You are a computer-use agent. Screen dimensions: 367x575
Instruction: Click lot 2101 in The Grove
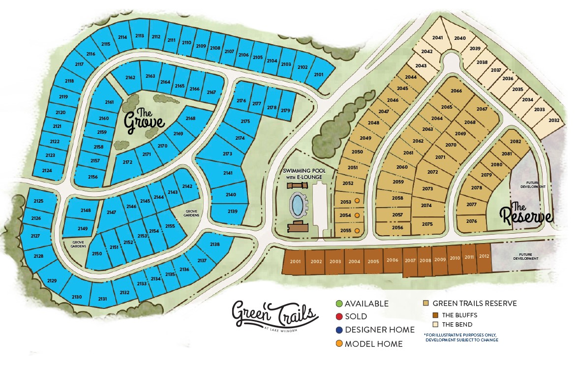click(x=319, y=74)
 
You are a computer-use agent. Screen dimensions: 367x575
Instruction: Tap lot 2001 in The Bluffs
click(x=295, y=261)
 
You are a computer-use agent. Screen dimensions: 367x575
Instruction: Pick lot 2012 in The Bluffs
click(x=484, y=256)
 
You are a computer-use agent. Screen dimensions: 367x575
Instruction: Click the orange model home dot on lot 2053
click(x=358, y=202)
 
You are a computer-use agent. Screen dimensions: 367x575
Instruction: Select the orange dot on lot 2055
click(x=358, y=230)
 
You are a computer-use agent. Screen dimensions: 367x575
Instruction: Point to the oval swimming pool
click(x=297, y=204)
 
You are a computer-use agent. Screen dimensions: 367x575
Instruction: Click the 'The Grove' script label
click(x=143, y=120)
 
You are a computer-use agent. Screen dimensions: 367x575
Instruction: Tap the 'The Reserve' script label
click(x=526, y=213)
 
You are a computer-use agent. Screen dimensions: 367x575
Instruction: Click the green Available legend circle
click(x=339, y=304)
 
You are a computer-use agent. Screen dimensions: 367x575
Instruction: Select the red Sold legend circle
click(x=339, y=317)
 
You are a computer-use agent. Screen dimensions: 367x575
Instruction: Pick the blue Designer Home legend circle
click(x=339, y=330)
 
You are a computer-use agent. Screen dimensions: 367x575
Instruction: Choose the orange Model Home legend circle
click(x=339, y=344)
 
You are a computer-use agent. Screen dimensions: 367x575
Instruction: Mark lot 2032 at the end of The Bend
click(x=553, y=121)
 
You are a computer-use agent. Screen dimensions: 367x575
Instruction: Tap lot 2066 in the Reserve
click(x=456, y=91)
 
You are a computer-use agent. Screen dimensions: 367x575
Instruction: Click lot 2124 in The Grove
click(x=47, y=170)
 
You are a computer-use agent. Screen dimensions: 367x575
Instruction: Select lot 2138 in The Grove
click(x=214, y=245)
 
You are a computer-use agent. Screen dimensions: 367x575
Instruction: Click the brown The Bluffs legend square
click(x=435, y=315)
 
